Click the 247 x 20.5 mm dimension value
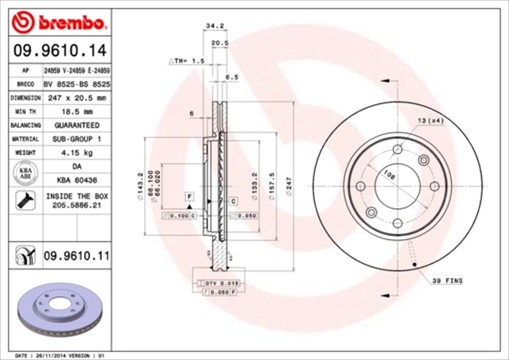click(76, 98)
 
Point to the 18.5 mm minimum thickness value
click(76, 111)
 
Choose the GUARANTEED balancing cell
click(76, 126)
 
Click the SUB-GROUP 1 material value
click(76, 139)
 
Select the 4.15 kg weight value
click(76, 153)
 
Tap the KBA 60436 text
click(76, 180)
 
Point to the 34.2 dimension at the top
click(213, 26)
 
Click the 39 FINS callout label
click(448, 281)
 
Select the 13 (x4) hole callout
click(429, 120)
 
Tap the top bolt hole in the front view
click(397, 149)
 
